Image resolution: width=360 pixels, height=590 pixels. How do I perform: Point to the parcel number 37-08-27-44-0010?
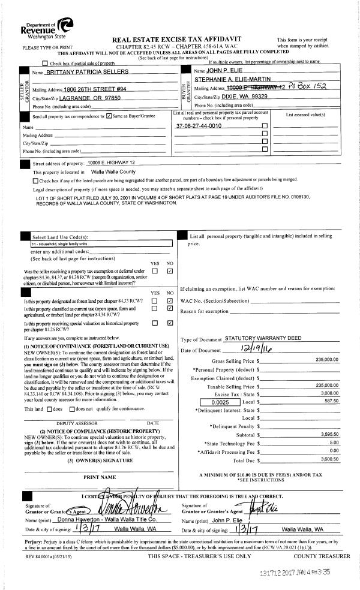point(199,125)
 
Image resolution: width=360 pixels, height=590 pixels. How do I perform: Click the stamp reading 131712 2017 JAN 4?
point(293,572)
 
